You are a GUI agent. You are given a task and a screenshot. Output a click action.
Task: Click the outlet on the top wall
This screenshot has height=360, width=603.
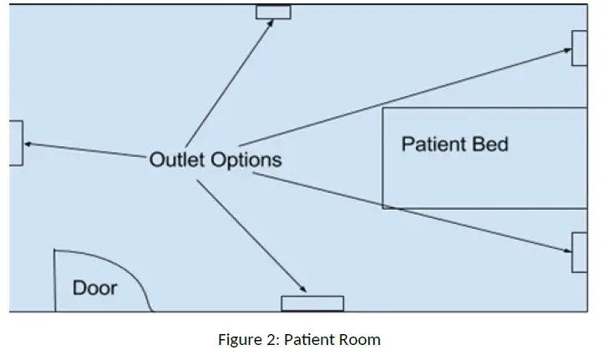(x=273, y=12)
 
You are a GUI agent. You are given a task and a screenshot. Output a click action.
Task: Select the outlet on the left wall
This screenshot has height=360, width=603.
(x=16, y=143)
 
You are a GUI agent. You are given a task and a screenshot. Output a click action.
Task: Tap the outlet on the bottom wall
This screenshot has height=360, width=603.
(x=312, y=303)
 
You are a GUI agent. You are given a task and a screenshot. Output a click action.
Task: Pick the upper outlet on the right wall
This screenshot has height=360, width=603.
(x=580, y=48)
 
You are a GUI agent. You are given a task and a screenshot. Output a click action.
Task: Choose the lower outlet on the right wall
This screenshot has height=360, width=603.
(x=580, y=251)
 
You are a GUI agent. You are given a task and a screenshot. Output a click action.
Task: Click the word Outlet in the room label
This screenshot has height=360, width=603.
(x=177, y=160)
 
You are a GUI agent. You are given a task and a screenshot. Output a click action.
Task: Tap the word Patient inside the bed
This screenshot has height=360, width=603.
(x=433, y=144)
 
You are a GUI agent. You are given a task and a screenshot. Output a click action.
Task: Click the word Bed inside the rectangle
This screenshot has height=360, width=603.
(x=489, y=144)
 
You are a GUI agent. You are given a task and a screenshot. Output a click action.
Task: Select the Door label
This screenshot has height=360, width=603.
(x=94, y=289)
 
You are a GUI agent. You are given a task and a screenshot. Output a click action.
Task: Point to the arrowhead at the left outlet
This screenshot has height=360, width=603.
(x=28, y=145)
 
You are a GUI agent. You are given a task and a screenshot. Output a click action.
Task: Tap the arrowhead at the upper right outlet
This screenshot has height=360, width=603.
(x=565, y=52)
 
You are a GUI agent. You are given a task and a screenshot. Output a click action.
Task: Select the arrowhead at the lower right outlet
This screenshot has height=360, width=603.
(x=565, y=248)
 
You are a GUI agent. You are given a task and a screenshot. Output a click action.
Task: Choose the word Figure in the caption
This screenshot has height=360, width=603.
(x=239, y=340)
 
